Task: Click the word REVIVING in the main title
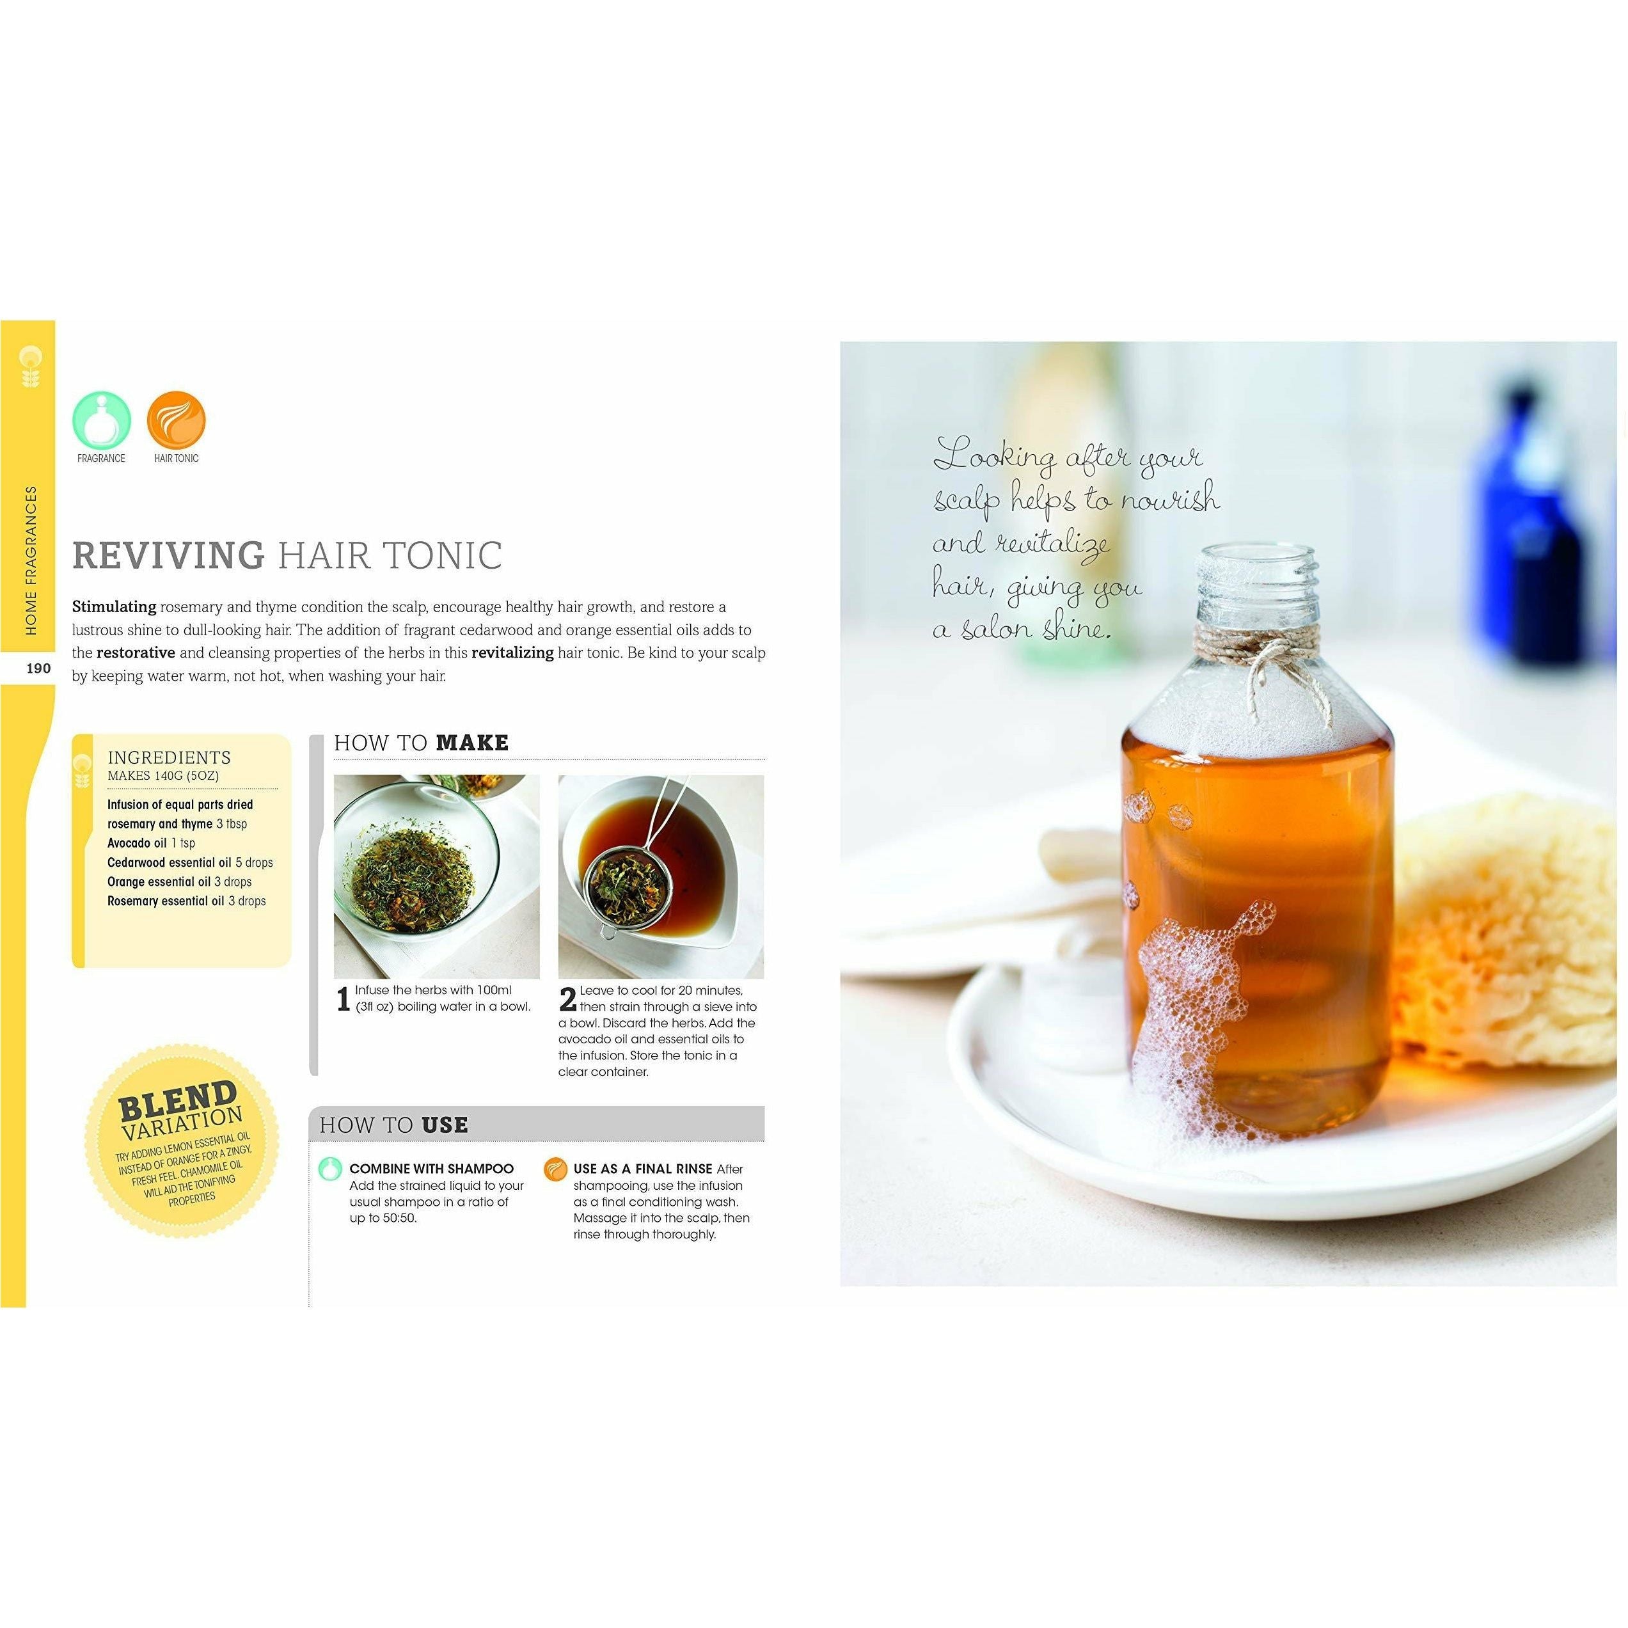[168, 555]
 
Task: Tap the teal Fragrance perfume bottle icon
[102, 420]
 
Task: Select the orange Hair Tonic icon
[176, 420]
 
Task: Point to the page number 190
[39, 668]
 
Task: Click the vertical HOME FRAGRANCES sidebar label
[32, 560]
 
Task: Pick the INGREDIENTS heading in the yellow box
[170, 757]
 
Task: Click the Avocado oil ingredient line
[151, 842]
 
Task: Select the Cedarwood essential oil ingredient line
[189, 862]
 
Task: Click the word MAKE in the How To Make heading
[473, 743]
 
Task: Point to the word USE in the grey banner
[445, 1125]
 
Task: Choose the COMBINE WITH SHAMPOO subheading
[431, 1169]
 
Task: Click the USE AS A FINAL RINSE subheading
[643, 1169]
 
